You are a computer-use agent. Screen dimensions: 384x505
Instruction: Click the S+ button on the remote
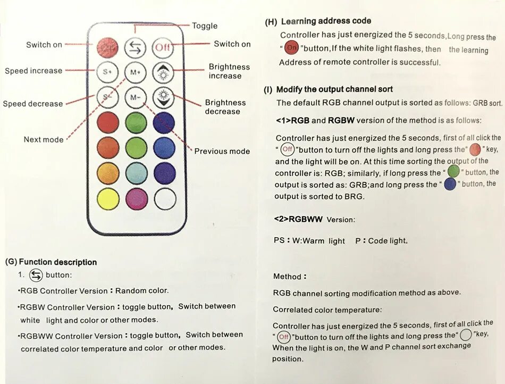pos(107,71)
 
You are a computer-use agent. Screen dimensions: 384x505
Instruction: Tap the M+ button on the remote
pos(135,71)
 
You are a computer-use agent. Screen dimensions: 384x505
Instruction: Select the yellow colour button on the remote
pos(108,199)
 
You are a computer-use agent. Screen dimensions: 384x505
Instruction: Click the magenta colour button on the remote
pos(136,199)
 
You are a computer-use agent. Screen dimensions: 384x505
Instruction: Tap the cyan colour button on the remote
pos(136,173)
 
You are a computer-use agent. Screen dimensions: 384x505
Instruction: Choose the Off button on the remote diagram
pos(163,47)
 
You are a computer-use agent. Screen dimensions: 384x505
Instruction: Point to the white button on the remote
pos(164,199)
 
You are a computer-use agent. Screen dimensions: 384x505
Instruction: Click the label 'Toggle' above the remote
pos(205,26)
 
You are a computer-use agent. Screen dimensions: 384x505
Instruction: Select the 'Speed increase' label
pos(33,71)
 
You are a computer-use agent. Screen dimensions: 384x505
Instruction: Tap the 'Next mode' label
pos(44,139)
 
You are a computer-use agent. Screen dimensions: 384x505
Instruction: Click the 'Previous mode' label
pos(222,151)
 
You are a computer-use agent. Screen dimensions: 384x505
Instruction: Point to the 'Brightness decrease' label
pos(225,107)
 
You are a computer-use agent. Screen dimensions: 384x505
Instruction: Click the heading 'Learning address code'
pos(326,21)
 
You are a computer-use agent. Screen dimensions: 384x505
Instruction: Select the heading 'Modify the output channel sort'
pos(334,89)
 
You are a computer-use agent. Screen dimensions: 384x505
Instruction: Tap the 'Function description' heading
pos(57,262)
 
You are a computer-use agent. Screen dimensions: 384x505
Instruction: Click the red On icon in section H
pos(291,48)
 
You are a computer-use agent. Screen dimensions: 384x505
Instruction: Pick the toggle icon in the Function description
pos(36,275)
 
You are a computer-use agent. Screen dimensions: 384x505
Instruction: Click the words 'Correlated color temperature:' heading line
pos(327,310)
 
